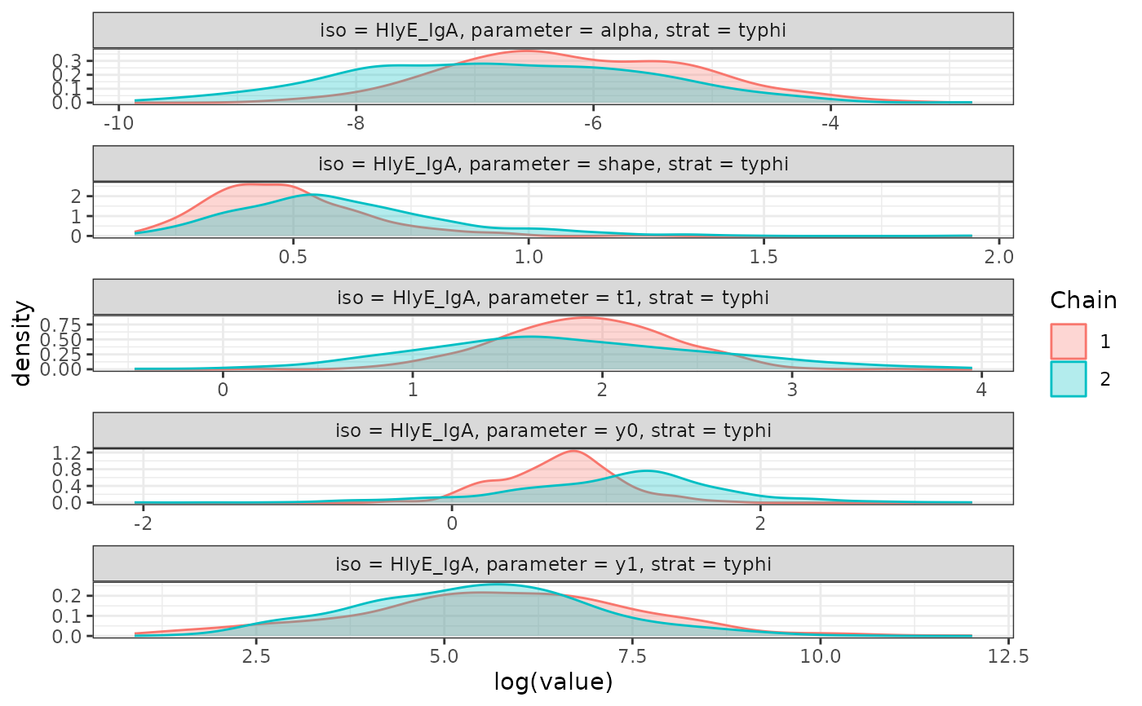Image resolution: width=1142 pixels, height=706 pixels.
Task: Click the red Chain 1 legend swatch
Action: tap(1069, 341)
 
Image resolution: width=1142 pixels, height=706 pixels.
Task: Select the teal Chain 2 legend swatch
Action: tap(1069, 379)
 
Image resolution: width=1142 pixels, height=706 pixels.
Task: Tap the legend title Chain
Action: tap(1083, 300)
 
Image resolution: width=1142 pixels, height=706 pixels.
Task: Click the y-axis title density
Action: tap(24, 343)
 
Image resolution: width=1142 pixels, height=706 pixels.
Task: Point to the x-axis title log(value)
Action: tap(553, 681)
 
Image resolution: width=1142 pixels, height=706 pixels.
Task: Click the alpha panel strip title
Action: tap(553, 31)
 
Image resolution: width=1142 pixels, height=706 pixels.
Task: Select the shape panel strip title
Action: tap(553, 164)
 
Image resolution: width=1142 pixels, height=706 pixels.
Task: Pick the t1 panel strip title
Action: tap(553, 297)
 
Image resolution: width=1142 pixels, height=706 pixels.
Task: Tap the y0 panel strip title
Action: tap(553, 430)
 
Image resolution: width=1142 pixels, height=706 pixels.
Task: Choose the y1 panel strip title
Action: tap(553, 563)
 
